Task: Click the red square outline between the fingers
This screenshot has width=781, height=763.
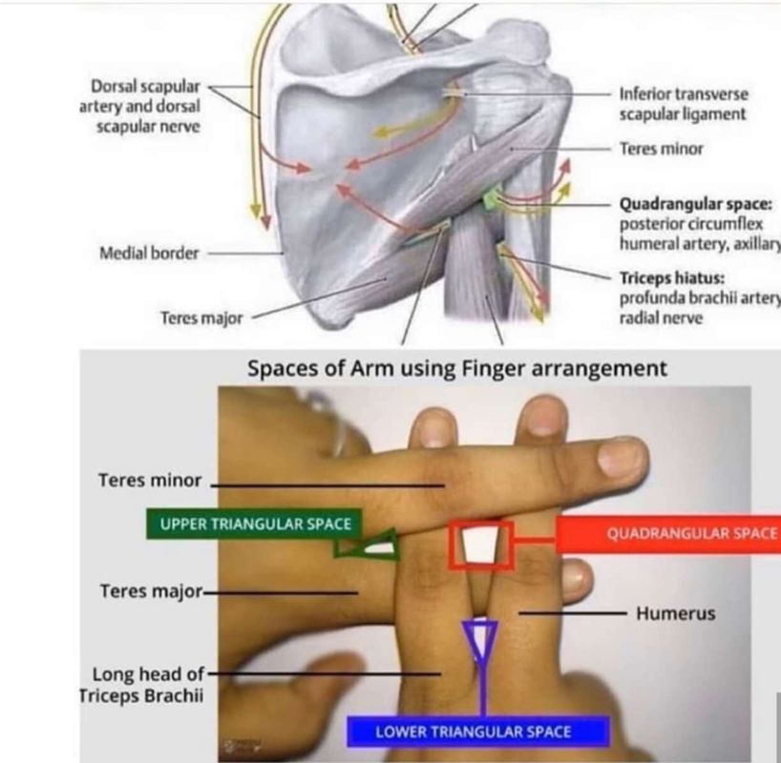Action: coord(482,545)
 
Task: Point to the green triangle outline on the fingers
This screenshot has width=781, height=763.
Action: coord(368,545)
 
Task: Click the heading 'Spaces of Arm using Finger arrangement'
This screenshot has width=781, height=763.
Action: coord(457,368)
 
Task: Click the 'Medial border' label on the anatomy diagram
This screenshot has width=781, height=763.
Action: coord(150,254)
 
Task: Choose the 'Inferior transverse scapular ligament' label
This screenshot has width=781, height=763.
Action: coord(683,104)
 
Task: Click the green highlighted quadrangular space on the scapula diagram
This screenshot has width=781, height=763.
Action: coord(492,199)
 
